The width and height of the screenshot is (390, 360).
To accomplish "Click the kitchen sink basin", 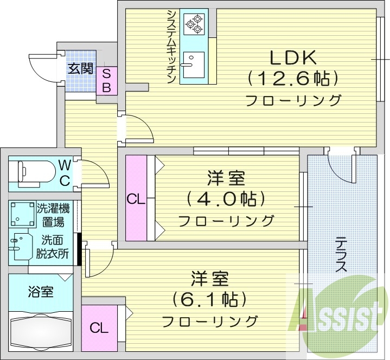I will click(192, 60).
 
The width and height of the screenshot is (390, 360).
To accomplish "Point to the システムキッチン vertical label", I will click(171, 47).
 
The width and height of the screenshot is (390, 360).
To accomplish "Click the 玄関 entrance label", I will click(80, 69).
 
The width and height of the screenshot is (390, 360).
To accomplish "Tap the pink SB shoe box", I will click(106, 80).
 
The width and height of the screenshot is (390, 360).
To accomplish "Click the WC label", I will click(64, 172).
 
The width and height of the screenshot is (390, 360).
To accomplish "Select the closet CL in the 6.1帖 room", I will click(98, 327).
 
